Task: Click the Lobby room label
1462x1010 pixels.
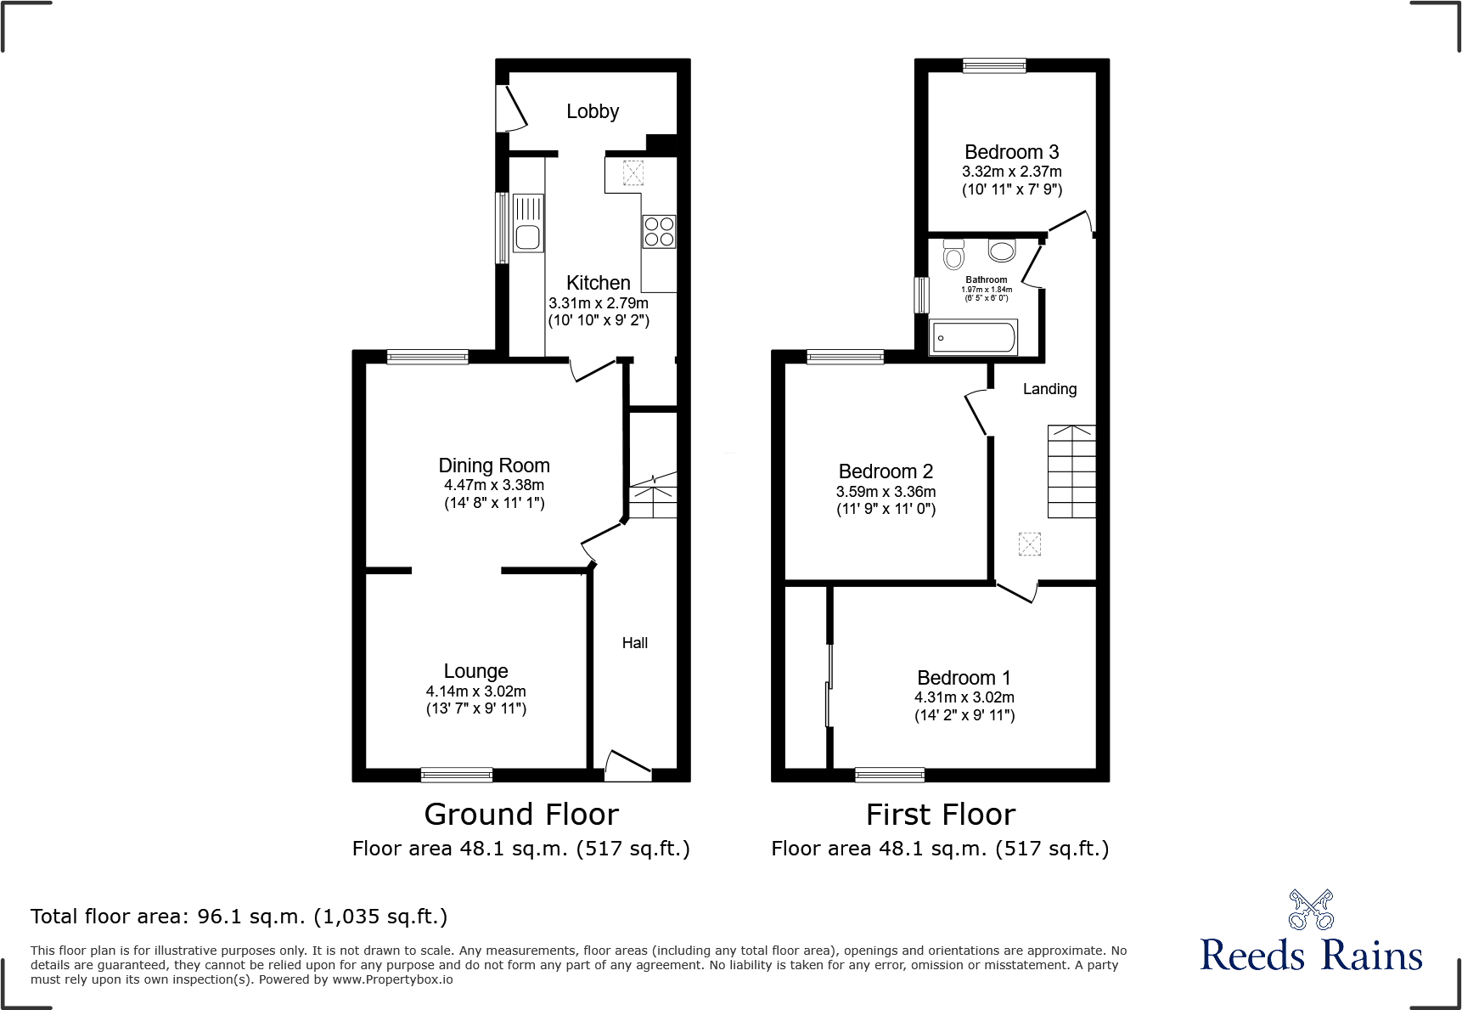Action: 592,111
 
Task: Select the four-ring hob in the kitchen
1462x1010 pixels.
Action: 659,231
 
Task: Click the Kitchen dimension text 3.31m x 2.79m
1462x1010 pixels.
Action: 598,303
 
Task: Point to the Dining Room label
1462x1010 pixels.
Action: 493,466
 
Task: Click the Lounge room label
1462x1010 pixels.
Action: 475,671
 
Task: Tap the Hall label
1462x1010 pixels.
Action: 634,643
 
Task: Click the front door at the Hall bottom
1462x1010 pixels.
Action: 627,765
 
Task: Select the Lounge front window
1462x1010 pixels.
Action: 456,774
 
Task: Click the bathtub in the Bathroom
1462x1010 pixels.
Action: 973,337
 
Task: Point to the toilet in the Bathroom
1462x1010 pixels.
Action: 953,254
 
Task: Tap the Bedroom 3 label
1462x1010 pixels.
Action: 1011,152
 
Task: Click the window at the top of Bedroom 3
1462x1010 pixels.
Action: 993,65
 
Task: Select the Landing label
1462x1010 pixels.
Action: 1049,389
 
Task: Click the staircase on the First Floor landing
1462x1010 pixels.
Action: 1071,471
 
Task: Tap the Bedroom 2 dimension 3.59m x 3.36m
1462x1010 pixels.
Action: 886,492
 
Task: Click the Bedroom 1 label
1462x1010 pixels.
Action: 964,678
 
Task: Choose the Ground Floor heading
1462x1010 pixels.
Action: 521,815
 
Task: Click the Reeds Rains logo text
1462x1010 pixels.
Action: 1311,955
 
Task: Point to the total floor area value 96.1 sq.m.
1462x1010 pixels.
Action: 250,917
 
